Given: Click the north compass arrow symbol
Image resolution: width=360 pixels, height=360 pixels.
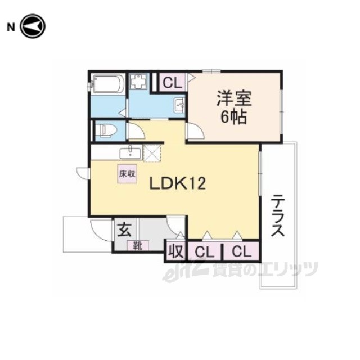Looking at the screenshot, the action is (x=33, y=26).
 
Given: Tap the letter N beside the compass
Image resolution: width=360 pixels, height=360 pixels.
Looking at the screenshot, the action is (x=11, y=28).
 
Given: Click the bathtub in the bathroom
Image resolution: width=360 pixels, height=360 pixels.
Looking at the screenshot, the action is (x=109, y=84).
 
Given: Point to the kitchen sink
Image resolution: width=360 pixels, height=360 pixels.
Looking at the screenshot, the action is (x=130, y=153).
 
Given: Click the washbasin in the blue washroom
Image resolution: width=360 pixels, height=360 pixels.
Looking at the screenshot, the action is (x=179, y=105).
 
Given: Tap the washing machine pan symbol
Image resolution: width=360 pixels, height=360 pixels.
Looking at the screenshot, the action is (x=138, y=81).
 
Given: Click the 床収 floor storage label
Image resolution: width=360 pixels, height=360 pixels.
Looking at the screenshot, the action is (x=127, y=174).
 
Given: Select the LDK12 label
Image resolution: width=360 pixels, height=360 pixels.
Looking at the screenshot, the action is (x=178, y=184).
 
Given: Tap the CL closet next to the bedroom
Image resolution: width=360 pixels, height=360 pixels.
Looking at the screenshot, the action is (x=172, y=83).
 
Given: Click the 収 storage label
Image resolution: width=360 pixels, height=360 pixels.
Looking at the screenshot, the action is (x=176, y=251).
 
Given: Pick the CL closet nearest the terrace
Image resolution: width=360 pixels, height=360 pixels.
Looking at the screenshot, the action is (x=241, y=252).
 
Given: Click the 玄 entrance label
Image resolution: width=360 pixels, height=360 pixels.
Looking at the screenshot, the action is (x=124, y=229).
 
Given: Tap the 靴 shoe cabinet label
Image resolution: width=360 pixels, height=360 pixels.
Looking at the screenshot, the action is (x=138, y=246).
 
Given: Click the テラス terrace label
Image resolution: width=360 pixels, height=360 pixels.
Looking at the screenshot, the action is (x=278, y=215).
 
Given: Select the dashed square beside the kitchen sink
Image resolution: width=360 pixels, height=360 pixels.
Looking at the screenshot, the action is (x=152, y=154).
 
